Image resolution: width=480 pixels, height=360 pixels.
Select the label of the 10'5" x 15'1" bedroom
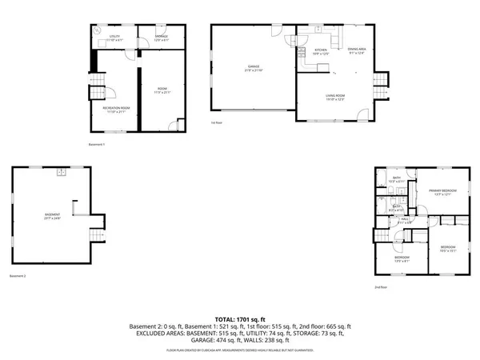tap(447, 248)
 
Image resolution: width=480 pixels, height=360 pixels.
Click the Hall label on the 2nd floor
tap(406, 219)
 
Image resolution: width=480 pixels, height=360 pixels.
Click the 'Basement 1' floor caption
tap(97, 145)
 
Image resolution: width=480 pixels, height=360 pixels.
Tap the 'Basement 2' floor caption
tap(17, 276)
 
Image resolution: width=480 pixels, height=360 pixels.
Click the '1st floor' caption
tap(217, 122)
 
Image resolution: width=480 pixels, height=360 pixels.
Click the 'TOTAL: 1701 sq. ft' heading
tap(240, 318)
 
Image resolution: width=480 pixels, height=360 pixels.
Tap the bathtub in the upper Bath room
tap(398, 177)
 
